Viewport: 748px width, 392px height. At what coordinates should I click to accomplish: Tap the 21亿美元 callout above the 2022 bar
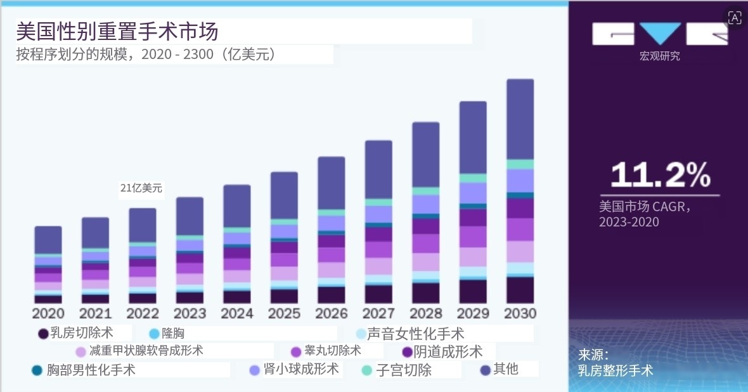(x=141, y=188)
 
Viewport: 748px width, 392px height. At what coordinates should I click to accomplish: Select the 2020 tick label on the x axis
(x=48, y=313)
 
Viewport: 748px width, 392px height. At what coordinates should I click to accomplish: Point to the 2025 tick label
(x=285, y=313)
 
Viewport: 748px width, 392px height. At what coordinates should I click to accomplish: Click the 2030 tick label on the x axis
(x=520, y=313)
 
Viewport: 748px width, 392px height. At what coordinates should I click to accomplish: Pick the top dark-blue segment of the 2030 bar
(x=520, y=119)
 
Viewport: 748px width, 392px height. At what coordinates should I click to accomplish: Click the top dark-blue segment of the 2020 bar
(x=48, y=240)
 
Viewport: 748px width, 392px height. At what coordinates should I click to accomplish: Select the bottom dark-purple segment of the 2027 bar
(x=378, y=294)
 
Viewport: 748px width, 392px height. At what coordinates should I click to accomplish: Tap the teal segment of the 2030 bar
(x=520, y=164)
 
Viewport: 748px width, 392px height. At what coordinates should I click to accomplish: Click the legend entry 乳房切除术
(x=81, y=333)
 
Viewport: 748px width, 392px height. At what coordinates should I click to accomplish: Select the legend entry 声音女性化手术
(x=415, y=334)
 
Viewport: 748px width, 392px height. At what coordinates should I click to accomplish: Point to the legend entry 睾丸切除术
(x=332, y=351)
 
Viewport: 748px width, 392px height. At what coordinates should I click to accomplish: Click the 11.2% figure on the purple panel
(x=660, y=174)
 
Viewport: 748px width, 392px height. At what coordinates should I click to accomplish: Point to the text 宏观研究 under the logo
(x=659, y=56)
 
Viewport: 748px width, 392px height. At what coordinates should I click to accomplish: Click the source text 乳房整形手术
(x=615, y=370)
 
